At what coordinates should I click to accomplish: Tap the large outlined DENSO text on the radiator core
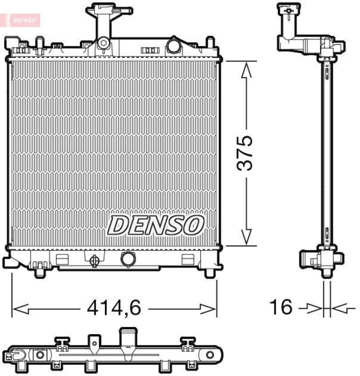(x=156, y=225)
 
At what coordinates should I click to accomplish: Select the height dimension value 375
(x=244, y=153)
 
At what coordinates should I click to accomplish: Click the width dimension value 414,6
(x=114, y=308)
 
